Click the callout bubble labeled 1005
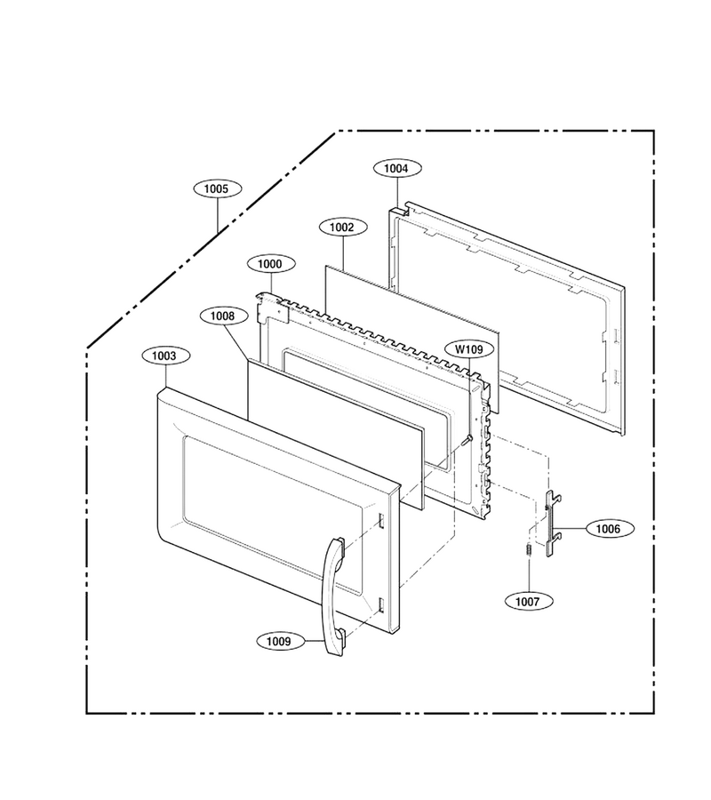click(217, 188)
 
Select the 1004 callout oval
click(396, 168)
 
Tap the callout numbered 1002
click(342, 227)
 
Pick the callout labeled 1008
click(222, 316)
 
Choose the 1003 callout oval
click(164, 356)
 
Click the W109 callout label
click(468, 349)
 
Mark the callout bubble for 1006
click(608, 529)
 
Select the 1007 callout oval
click(527, 602)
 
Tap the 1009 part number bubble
click(279, 641)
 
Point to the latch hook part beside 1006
click(553, 523)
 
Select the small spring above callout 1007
click(529, 550)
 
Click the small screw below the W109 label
click(466, 440)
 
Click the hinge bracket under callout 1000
click(271, 308)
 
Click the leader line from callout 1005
click(217, 215)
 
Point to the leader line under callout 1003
click(165, 376)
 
